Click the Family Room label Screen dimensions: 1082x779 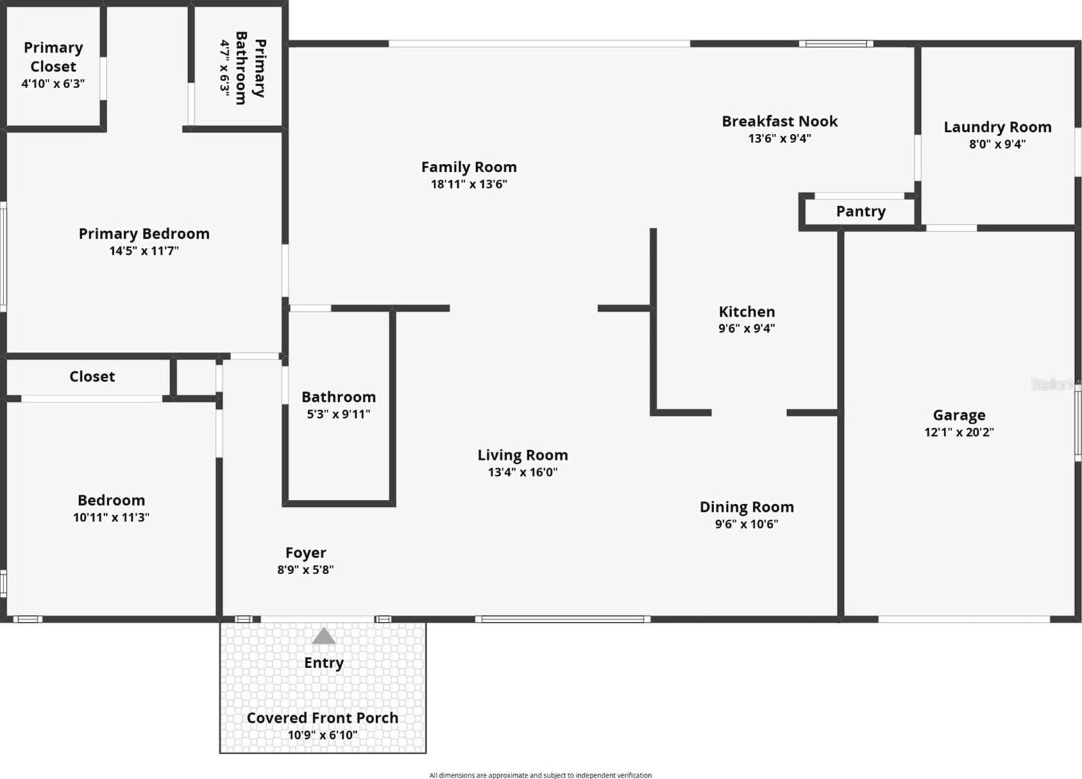(x=469, y=167)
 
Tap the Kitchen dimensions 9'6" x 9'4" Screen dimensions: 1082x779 (x=747, y=328)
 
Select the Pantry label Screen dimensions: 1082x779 (x=861, y=212)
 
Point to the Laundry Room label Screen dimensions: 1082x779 (x=997, y=127)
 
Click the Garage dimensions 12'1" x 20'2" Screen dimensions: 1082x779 (x=959, y=432)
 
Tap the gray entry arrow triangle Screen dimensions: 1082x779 (x=323, y=635)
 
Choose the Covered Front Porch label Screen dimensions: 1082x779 (x=323, y=718)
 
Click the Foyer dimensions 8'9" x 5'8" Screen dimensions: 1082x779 (x=306, y=570)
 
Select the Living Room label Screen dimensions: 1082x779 (x=523, y=455)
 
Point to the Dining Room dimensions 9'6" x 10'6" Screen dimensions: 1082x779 (x=747, y=523)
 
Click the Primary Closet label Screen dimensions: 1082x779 (x=53, y=57)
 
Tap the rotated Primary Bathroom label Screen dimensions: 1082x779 (x=251, y=68)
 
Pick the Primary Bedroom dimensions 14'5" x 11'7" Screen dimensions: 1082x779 (x=144, y=251)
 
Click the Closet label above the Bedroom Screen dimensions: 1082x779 (x=92, y=376)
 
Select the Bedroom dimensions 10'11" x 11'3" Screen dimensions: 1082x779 (x=111, y=517)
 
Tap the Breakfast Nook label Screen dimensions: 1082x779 (x=779, y=122)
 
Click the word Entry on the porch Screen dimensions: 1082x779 (x=323, y=663)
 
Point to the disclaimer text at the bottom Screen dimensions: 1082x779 (x=541, y=775)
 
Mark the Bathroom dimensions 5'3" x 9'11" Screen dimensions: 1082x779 (x=339, y=414)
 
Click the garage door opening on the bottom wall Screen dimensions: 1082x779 (x=964, y=619)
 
